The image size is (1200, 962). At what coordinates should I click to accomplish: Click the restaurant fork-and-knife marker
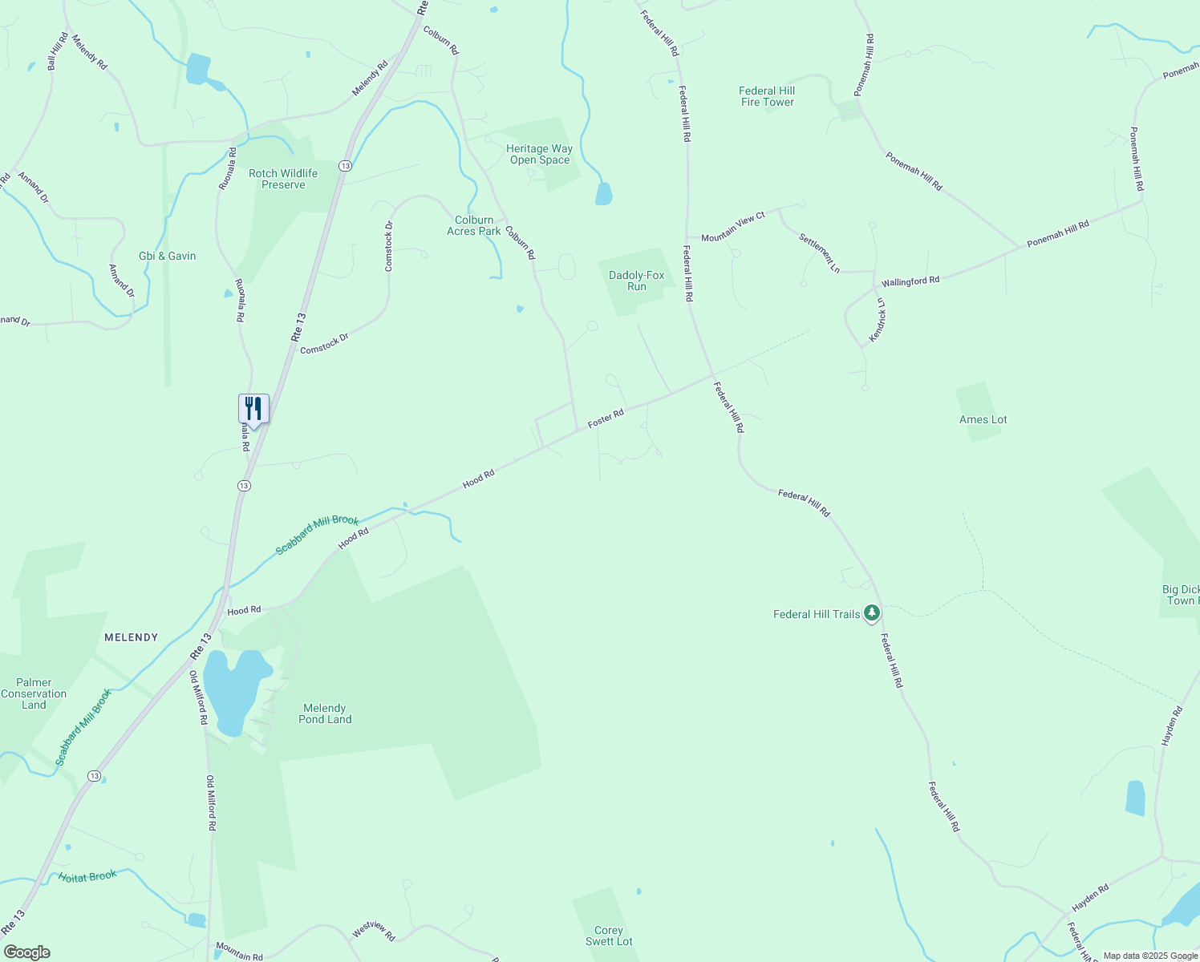click(x=253, y=409)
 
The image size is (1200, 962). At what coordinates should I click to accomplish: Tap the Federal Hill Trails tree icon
click(x=872, y=614)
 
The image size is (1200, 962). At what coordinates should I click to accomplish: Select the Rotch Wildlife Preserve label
click(x=283, y=179)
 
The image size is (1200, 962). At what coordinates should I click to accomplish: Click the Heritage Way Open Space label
click(x=539, y=154)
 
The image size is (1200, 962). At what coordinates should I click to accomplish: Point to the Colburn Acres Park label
click(x=474, y=225)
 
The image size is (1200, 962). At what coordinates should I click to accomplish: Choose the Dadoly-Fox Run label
click(x=637, y=281)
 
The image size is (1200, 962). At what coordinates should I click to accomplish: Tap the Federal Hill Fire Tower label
click(x=767, y=96)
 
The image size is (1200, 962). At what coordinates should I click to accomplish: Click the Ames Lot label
click(x=983, y=419)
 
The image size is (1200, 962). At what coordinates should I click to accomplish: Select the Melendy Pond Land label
click(x=325, y=713)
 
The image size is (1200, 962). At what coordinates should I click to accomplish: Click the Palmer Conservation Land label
click(x=34, y=693)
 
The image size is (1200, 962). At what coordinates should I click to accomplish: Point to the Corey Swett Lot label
click(x=609, y=936)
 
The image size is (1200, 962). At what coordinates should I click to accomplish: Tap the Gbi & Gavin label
click(x=168, y=256)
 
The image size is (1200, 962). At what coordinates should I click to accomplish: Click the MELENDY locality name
click(x=132, y=637)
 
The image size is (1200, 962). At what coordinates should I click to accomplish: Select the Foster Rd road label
click(x=606, y=418)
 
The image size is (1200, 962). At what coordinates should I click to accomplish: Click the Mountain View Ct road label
click(x=733, y=227)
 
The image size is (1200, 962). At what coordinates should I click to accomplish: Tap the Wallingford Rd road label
click(x=910, y=282)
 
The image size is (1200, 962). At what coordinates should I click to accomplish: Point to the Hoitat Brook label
click(x=87, y=876)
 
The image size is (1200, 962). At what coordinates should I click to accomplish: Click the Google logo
click(x=26, y=952)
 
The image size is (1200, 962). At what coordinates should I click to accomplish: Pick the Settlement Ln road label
click(x=819, y=253)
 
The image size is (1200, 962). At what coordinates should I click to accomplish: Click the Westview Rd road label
click(x=374, y=931)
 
